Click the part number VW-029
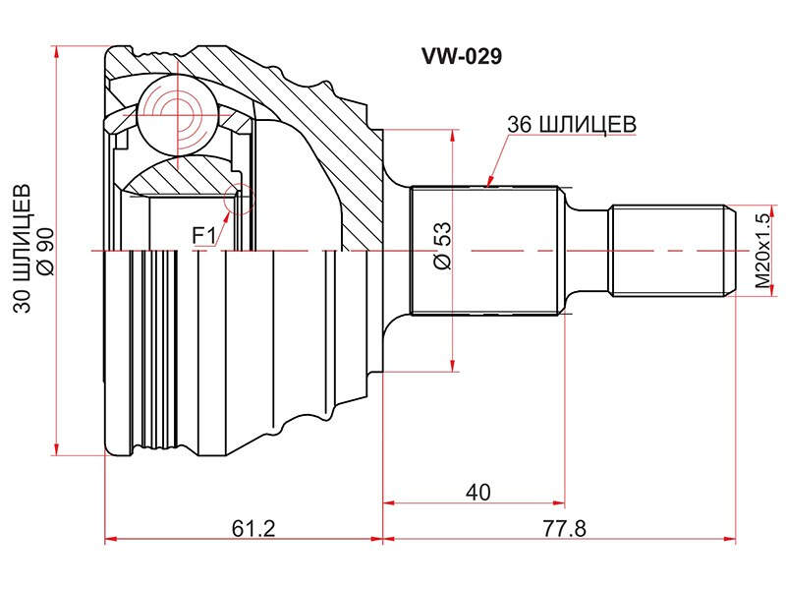(461, 57)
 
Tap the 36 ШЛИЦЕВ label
(572, 125)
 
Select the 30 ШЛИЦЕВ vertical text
(22, 249)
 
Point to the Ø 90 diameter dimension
(45, 251)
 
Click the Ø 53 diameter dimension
(443, 246)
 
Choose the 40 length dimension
(477, 493)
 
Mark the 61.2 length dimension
(253, 528)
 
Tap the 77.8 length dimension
(564, 528)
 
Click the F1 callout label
(204, 236)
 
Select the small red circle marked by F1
(239, 200)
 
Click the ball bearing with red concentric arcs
(178, 116)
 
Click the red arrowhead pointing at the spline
(490, 181)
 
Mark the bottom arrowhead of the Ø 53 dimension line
(453, 366)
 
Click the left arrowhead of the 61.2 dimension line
(111, 539)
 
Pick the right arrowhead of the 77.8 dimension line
(730, 539)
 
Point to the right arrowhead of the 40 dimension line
(558, 502)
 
